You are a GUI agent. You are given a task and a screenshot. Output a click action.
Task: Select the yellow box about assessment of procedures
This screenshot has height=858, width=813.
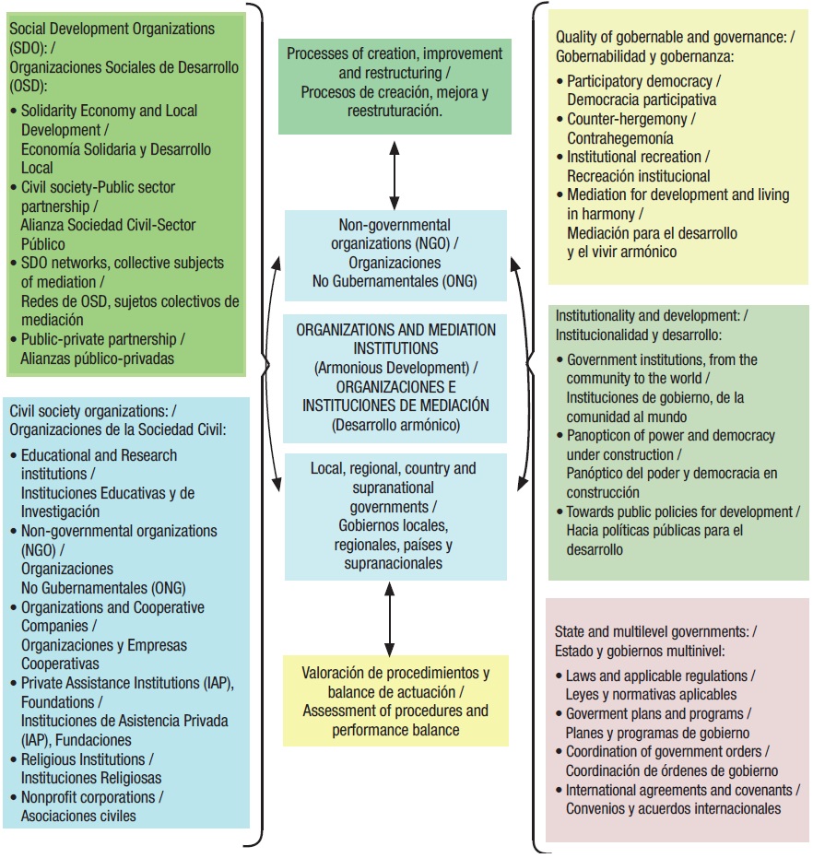coord(395,701)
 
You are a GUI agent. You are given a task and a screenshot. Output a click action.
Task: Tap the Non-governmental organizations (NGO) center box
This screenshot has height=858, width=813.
coord(395,253)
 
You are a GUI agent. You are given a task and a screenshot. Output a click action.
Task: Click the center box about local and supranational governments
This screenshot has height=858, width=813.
coord(395,515)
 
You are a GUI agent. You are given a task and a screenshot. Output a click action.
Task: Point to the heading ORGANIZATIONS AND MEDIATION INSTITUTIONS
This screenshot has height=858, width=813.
coord(395,338)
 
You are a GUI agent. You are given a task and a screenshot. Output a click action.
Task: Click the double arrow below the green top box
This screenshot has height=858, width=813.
coord(395,172)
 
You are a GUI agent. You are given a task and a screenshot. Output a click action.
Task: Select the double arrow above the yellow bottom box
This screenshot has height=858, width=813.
coord(389,618)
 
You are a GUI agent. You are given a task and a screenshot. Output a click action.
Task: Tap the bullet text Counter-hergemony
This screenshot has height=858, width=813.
coord(630,120)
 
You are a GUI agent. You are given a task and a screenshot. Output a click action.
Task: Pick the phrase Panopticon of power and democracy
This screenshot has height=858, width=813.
coord(671,435)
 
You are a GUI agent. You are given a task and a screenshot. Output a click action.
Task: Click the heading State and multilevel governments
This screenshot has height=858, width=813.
coord(654,631)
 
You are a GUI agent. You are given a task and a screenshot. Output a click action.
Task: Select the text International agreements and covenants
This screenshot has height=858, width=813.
coord(682,790)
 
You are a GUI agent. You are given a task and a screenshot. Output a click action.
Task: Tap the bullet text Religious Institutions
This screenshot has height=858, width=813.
coord(84,758)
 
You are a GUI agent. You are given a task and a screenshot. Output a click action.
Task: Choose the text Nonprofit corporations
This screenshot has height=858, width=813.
coord(91,796)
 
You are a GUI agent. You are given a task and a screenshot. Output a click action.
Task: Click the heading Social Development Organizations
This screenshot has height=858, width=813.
coord(112,29)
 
